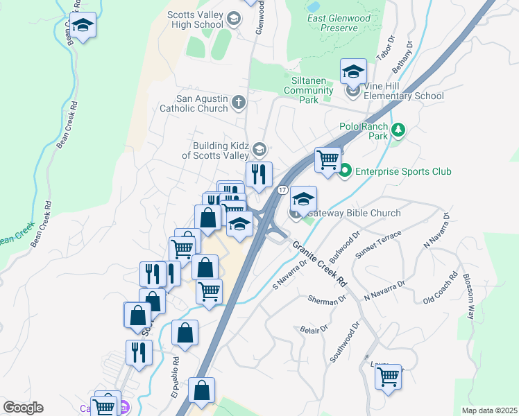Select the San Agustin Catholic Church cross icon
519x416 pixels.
coord(238,103)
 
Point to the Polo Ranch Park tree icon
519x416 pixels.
coord(398,130)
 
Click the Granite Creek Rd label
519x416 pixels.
coord(319,264)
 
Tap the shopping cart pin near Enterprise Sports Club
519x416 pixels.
coord(328,159)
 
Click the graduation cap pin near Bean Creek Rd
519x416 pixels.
coord(83,26)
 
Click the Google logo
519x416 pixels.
coord(23,408)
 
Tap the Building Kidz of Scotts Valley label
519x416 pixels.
coord(215,150)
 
